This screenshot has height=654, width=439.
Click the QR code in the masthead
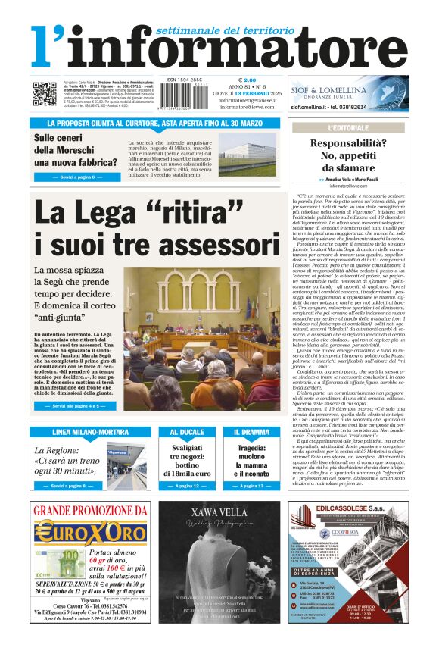44,94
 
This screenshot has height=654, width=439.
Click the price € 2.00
247,80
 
